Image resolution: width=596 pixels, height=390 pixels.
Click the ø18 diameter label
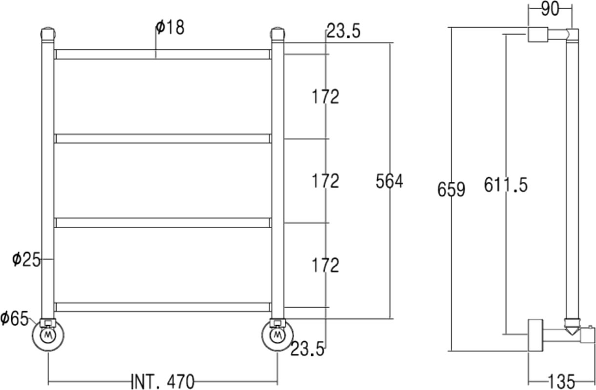click(170, 27)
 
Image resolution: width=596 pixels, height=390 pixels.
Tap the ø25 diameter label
click(26, 259)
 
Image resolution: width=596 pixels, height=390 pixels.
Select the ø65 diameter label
click(14, 318)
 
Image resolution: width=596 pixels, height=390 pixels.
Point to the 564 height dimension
click(389, 181)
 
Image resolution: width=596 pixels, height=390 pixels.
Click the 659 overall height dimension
click(451, 190)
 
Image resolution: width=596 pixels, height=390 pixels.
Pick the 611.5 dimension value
click(506, 185)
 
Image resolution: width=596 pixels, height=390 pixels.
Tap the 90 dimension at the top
click(550, 9)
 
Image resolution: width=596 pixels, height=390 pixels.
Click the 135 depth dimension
click(561, 382)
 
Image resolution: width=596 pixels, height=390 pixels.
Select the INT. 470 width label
click(163, 382)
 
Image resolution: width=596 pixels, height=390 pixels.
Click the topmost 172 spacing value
click(325, 97)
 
